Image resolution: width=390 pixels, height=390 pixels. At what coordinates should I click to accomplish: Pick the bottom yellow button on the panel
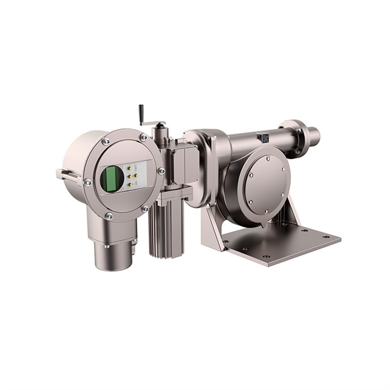tap(130, 184)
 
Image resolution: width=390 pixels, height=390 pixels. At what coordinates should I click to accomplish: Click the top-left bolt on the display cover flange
tap(106, 142)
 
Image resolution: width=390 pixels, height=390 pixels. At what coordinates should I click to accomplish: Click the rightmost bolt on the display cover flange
tap(161, 171)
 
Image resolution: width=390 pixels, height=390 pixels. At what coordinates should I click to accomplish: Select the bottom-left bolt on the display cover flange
tap(109, 216)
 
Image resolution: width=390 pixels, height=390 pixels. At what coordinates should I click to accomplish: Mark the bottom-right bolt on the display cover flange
tap(145, 208)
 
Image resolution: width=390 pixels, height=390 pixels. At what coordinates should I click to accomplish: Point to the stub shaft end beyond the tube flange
tap(313, 136)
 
